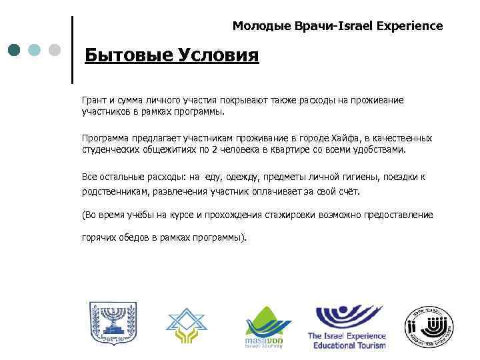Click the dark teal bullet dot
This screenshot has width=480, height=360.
(x=15, y=50)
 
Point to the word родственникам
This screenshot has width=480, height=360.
(x=115, y=191)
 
